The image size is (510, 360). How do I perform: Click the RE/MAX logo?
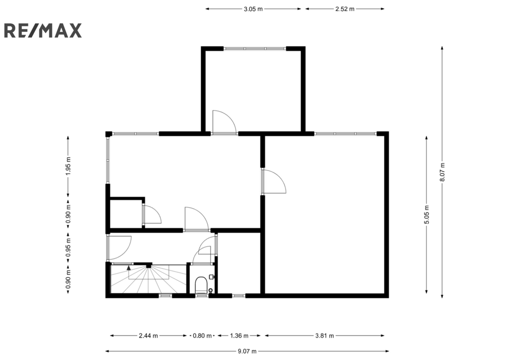(43, 30)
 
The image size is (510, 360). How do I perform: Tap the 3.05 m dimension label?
(253, 9)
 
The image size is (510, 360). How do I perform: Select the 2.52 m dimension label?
(345, 9)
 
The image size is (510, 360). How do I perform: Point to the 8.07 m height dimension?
(442, 172)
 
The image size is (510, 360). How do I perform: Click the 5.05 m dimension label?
(427, 215)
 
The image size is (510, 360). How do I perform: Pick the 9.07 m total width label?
(247, 351)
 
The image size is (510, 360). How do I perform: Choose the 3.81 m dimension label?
(325, 336)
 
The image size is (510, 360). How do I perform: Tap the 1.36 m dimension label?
(239, 336)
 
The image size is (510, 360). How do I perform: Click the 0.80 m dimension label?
(202, 336)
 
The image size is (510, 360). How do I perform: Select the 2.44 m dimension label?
(148, 336)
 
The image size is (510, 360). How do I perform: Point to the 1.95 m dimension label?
(68, 166)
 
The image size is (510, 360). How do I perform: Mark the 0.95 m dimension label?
(68, 247)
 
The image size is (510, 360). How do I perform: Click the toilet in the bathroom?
(201, 285)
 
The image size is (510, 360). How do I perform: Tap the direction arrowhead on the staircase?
(129, 268)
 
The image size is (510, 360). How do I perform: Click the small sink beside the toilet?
(212, 276)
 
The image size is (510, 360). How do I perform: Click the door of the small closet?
(151, 214)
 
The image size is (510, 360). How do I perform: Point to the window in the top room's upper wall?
(255, 49)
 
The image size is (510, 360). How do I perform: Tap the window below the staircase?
(165, 296)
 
